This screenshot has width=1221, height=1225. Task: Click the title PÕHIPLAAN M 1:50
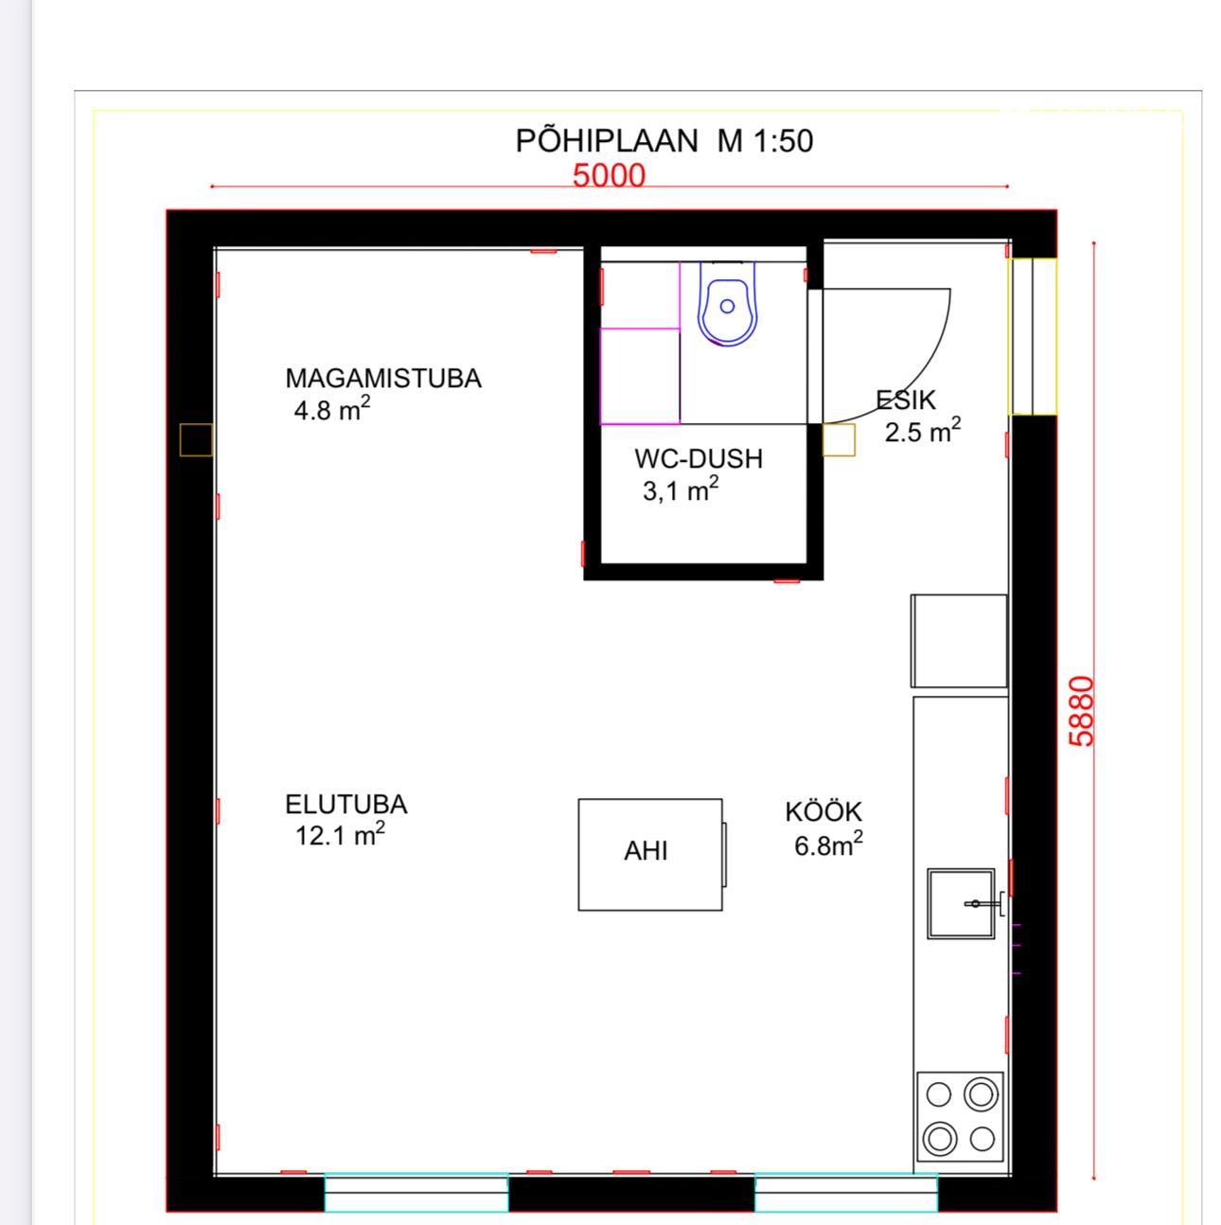(664, 140)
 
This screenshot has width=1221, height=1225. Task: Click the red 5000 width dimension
(609, 176)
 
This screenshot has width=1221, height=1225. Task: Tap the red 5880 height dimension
(1081, 711)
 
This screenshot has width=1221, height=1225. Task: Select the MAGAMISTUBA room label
(383, 379)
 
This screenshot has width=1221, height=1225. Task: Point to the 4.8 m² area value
(332, 409)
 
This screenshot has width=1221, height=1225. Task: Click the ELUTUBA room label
(345, 805)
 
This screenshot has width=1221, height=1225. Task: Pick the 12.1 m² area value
(340, 835)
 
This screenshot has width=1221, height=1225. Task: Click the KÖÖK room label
(823, 812)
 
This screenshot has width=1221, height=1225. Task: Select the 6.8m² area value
(828, 844)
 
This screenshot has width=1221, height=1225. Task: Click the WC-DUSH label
(699, 459)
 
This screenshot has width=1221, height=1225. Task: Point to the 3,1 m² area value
(681, 490)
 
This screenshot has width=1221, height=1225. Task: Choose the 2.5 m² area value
(922, 431)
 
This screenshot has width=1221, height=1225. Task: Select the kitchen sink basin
(961, 903)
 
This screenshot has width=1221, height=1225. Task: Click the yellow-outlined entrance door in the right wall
(1033, 336)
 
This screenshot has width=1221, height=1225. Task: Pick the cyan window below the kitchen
(846, 1191)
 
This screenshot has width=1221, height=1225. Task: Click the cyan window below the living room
(416, 1191)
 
